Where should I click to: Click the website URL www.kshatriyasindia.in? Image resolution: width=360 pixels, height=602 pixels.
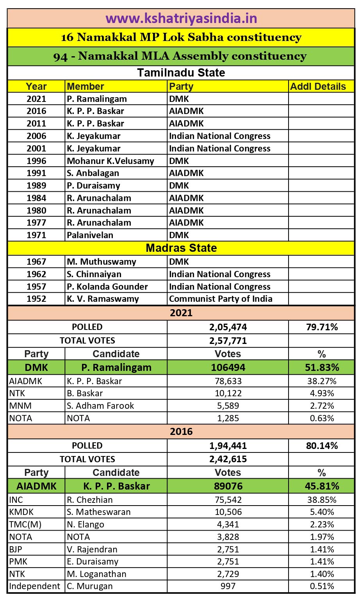pyautogui.click(x=181, y=19)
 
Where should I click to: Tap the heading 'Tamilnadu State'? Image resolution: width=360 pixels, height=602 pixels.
pyautogui.click(x=181, y=73)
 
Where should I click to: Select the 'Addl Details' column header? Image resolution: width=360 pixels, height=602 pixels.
pyautogui.click(x=318, y=87)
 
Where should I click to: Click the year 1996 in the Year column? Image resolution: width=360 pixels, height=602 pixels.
pyautogui.click(x=36, y=161)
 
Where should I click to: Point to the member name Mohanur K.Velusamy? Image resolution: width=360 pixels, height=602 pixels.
pyautogui.click(x=110, y=161)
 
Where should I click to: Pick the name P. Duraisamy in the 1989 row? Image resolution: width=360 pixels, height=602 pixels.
pyautogui.click(x=93, y=185)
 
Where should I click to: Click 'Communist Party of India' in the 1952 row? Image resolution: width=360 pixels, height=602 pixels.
pyautogui.click(x=221, y=299)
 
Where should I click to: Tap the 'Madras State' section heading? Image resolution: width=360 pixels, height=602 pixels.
pyautogui.click(x=181, y=248)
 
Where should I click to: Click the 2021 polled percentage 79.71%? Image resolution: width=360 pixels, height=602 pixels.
pyautogui.click(x=322, y=327)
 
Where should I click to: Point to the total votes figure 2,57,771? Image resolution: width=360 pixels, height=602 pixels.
pyautogui.click(x=228, y=341)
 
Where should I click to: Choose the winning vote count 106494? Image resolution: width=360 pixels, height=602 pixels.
pyautogui.click(x=228, y=367)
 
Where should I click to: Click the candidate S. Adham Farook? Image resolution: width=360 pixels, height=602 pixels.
pyautogui.click(x=100, y=406)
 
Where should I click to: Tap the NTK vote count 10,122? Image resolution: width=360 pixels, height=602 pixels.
pyautogui.click(x=228, y=394)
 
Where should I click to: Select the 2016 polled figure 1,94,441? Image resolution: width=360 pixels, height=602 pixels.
pyautogui.click(x=228, y=446)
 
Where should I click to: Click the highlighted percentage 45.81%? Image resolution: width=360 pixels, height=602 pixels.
pyautogui.click(x=322, y=486)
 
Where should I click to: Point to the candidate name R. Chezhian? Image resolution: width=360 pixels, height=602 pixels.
pyautogui.click(x=90, y=500)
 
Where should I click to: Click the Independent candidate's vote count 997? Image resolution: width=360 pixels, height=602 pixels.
pyautogui.click(x=228, y=586)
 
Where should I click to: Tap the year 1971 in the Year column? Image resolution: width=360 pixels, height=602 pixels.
pyautogui.click(x=36, y=235)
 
